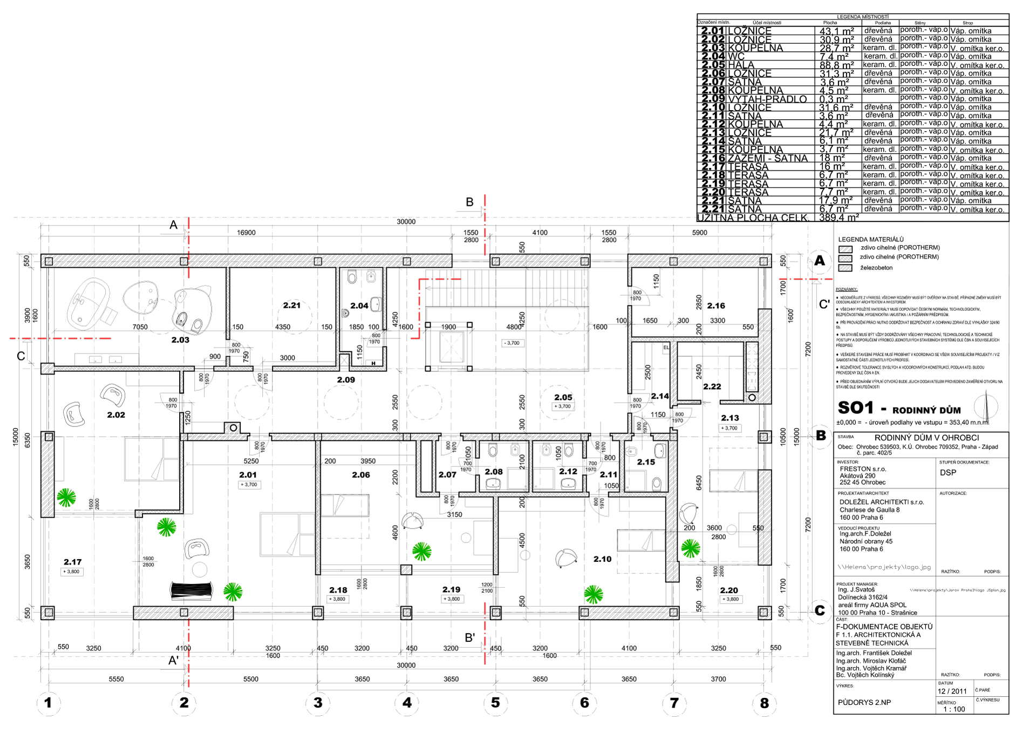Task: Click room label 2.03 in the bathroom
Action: (x=180, y=340)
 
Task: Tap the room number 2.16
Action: (x=716, y=306)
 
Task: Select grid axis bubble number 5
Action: (x=495, y=703)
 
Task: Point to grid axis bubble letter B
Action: (x=820, y=436)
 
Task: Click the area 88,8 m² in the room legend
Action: (x=836, y=65)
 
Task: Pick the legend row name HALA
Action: (x=741, y=65)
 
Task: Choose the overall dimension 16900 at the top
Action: (x=246, y=233)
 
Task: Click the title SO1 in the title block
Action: (x=855, y=408)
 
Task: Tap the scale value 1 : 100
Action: (x=953, y=709)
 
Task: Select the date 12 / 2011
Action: (x=952, y=691)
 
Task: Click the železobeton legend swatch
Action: (x=845, y=268)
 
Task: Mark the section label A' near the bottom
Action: (x=173, y=661)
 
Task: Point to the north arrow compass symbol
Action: (x=986, y=408)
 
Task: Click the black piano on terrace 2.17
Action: (x=190, y=591)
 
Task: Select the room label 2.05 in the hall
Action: (x=563, y=397)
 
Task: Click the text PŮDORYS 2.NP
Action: (x=864, y=702)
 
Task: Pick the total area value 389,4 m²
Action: (x=839, y=218)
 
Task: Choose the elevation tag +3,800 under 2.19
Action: (x=452, y=599)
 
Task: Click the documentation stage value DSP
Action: (x=948, y=473)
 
